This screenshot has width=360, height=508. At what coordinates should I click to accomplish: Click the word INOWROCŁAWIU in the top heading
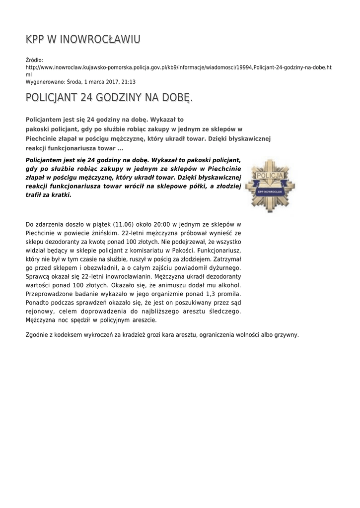(100, 39)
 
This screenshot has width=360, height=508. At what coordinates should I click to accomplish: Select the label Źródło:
(34, 60)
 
